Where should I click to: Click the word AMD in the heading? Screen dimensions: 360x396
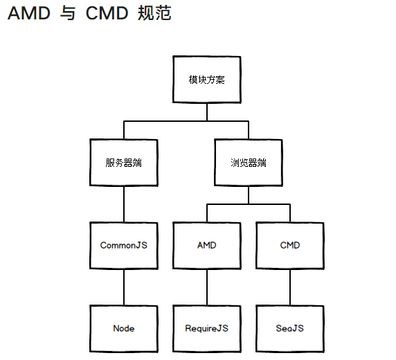pyautogui.click(x=28, y=14)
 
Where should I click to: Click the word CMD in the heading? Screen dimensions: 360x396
pyautogui.click(x=107, y=14)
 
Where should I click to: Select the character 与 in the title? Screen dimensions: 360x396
pyautogui.click(x=68, y=14)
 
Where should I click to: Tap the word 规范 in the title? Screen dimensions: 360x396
pyautogui.click(x=154, y=14)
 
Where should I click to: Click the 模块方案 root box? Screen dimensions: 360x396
pyautogui.click(x=206, y=80)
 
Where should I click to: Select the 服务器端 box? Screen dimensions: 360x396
pyautogui.click(x=123, y=163)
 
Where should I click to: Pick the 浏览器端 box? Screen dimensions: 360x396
pyautogui.click(x=248, y=163)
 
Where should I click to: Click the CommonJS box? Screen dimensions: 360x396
pyautogui.click(x=123, y=246)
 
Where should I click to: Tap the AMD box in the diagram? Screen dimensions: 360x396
pyautogui.click(x=206, y=246)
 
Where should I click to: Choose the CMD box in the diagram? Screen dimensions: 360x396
pyautogui.click(x=289, y=246)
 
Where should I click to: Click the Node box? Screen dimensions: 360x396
pyautogui.click(x=123, y=328)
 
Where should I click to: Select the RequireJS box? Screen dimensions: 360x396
pyautogui.click(x=206, y=328)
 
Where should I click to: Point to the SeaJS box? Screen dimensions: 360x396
pyautogui.click(x=289, y=328)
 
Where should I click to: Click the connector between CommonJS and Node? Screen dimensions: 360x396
pyautogui.click(x=123, y=287)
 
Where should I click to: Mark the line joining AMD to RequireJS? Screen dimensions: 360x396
pyautogui.click(x=206, y=287)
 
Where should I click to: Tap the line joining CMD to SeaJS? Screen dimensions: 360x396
pyautogui.click(x=289, y=287)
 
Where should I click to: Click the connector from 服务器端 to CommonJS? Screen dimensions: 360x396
pyautogui.click(x=123, y=204)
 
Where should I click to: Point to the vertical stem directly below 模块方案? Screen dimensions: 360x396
pyautogui.click(x=206, y=112)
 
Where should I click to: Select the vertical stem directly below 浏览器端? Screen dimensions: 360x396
pyautogui.click(x=248, y=195)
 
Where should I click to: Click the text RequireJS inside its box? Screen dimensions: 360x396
pyautogui.click(x=206, y=328)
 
